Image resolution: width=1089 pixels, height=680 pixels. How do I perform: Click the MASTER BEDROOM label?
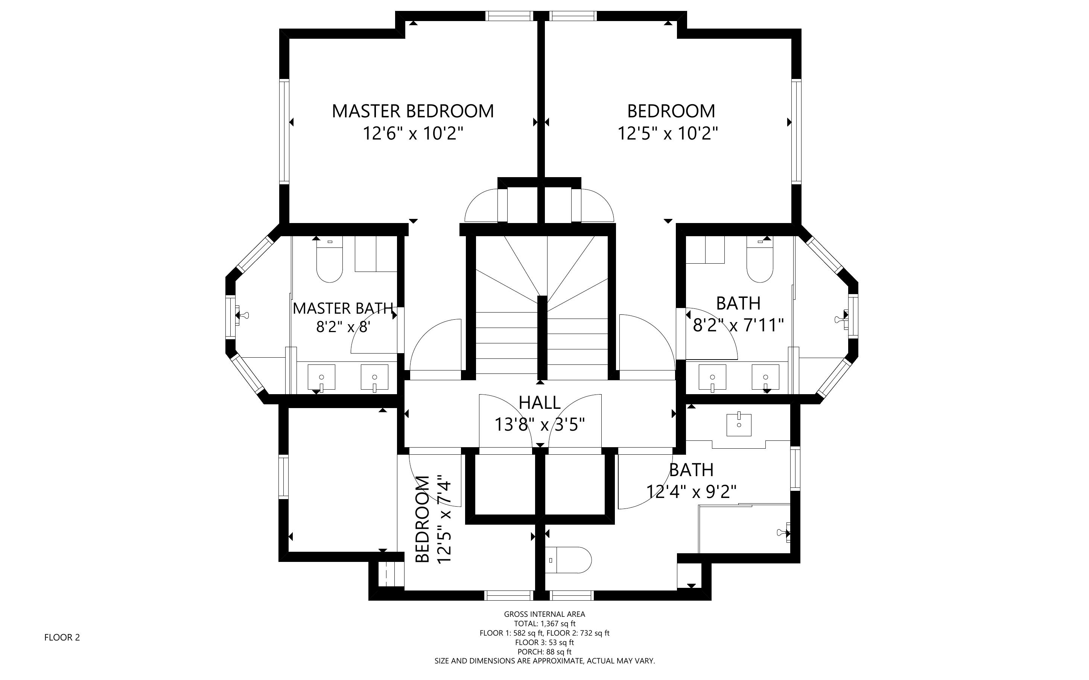pos(413,111)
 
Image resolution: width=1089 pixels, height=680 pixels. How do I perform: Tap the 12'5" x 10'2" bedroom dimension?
pos(668,134)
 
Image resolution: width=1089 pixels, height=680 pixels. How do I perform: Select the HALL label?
pos(540,402)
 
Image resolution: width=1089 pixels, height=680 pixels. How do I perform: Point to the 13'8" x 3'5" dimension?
pos(540,424)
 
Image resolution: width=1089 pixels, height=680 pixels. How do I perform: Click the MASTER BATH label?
pos(343,308)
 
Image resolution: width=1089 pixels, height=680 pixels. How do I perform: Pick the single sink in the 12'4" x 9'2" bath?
pos(739,425)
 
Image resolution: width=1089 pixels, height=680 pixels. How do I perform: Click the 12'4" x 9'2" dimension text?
pos(691,492)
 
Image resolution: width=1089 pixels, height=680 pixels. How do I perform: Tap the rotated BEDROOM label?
pos(423,519)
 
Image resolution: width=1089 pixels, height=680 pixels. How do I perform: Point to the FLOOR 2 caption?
pos(62,637)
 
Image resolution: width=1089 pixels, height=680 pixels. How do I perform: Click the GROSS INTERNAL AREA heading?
pos(544,614)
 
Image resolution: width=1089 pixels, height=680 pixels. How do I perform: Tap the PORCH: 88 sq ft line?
pos(544,652)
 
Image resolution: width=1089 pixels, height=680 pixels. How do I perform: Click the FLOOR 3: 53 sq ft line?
pos(544,642)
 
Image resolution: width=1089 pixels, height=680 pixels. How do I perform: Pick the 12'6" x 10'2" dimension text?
pos(413,134)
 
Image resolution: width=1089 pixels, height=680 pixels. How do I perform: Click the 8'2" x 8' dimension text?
pos(343,326)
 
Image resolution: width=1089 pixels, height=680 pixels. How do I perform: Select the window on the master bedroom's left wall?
pos(284,131)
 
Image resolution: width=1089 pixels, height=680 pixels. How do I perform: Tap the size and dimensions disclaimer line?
pos(544,661)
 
